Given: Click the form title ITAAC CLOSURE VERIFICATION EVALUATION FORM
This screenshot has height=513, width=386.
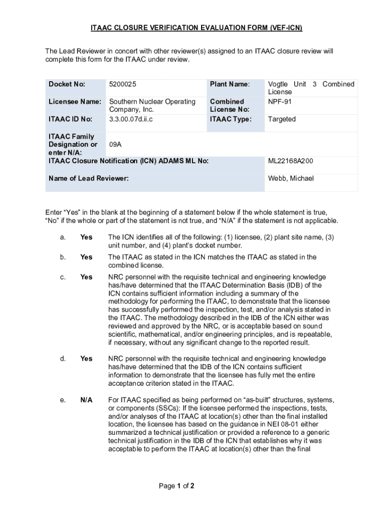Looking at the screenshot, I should tap(196, 28).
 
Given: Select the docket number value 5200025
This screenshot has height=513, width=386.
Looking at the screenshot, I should tap(123, 84).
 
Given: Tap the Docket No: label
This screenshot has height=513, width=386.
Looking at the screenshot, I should tap(67, 84).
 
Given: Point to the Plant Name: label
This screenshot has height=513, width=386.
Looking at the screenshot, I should tap(230, 84).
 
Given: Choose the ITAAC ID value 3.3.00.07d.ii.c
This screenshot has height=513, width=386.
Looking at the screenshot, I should tap(131, 119).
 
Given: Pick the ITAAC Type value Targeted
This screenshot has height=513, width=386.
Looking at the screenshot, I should tap(282, 119).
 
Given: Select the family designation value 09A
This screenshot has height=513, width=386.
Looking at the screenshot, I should tap(116, 144).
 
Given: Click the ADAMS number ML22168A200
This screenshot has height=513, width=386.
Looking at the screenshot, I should tap(291, 161).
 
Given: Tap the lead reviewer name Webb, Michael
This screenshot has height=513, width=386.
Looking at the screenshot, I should tap(291, 178).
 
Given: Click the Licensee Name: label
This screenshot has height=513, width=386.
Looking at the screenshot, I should tap(75, 102).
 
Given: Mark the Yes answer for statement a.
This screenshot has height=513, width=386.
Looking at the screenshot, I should tap(86, 237).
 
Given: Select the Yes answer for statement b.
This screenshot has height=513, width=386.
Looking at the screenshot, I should tap(86, 257).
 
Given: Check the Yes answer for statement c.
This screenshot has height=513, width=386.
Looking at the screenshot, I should tap(86, 277).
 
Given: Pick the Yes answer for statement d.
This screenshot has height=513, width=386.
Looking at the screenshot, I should tap(86, 359).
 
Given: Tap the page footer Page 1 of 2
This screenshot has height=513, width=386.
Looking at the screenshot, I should tap(176, 486).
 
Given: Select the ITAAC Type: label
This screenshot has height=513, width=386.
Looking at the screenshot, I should tap(231, 119).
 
